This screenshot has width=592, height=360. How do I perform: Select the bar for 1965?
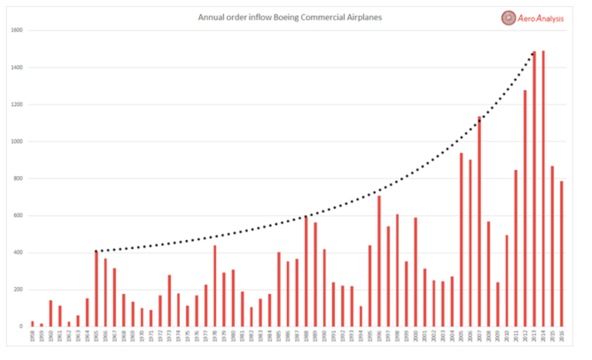click(x=96, y=288)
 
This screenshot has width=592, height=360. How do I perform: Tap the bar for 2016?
click(x=561, y=253)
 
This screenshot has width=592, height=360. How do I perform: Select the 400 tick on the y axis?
click(x=17, y=253)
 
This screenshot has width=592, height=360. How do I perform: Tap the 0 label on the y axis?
click(x=21, y=326)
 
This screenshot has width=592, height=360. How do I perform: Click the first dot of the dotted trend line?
click(x=97, y=251)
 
